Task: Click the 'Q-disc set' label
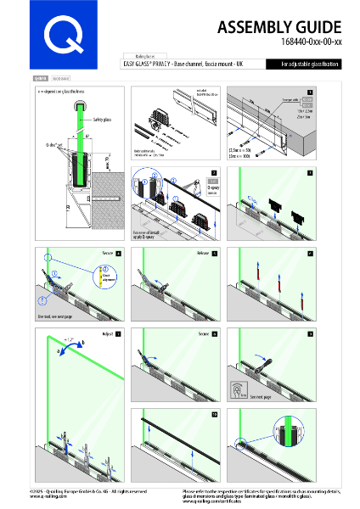click(x=54, y=144)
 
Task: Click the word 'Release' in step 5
click(x=203, y=253)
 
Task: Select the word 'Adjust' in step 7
click(x=108, y=333)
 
